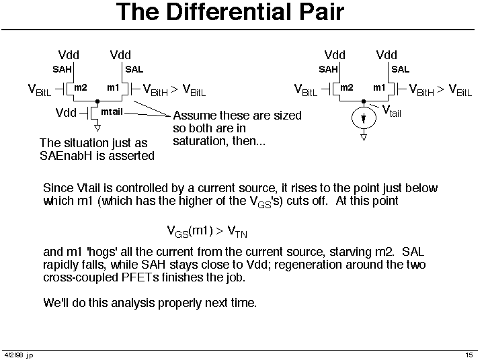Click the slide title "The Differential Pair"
[230, 12]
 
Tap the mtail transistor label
[112, 111]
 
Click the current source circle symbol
[364, 118]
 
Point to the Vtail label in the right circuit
[391, 111]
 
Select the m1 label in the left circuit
[113, 88]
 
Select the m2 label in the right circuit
[346, 88]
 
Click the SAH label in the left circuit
[62, 69]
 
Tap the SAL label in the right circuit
[400, 69]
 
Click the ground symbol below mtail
[97, 128]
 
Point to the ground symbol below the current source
[364, 138]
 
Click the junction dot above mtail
[97, 101]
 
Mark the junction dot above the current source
[364, 101]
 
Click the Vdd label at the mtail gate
[66, 113]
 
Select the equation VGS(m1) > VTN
[207, 232]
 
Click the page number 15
[469, 355]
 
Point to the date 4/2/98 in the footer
[13, 355]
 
